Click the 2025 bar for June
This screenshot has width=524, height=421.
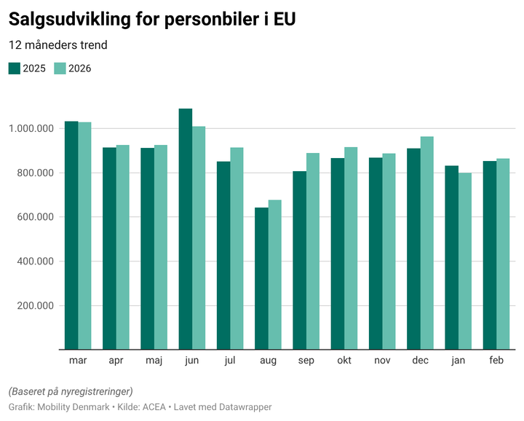coord(186,229)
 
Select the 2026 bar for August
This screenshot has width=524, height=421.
coord(274,275)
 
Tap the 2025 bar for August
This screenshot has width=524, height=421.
coord(261,278)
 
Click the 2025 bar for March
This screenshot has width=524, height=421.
coord(71,235)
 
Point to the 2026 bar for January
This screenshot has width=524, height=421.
coord(465,261)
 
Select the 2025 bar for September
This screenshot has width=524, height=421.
coord(299,260)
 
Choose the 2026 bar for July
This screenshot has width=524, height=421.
coord(237,248)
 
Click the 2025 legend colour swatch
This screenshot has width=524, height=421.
coord(15,68)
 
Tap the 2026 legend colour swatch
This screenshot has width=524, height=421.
coord(60,68)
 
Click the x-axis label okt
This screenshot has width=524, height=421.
coord(344,361)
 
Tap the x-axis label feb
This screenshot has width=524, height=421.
coord(496,361)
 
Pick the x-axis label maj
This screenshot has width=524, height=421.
coord(154,361)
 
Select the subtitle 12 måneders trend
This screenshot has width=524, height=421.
coord(58,45)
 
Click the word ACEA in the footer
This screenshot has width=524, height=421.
coord(154,406)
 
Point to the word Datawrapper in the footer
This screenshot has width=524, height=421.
coord(246,406)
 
